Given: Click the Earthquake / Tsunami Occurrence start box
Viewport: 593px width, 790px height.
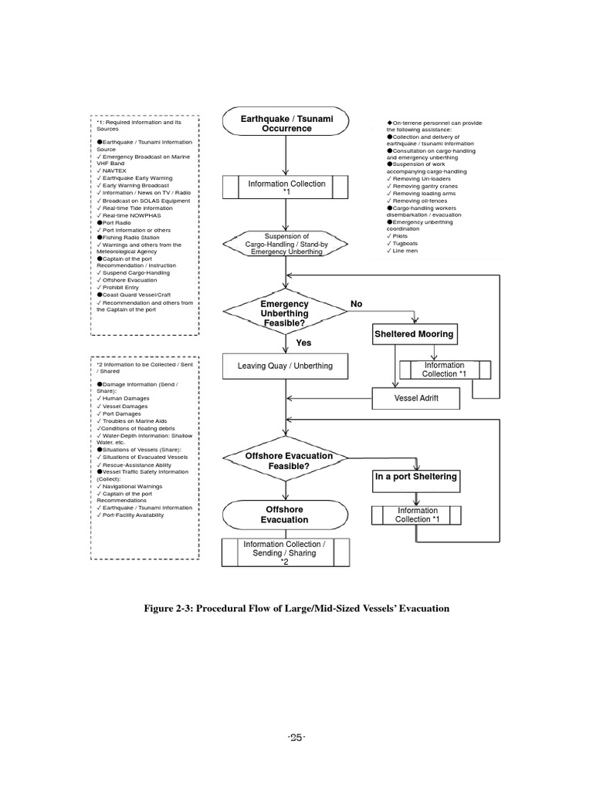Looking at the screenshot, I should [286, 123].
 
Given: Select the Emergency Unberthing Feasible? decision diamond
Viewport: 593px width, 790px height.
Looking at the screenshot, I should [285, 314].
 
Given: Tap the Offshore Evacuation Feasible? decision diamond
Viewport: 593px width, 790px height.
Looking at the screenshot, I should [285, 461].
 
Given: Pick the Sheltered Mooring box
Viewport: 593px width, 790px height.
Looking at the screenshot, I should [414, 335].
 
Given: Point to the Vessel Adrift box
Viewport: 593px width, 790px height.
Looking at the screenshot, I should [416, 398].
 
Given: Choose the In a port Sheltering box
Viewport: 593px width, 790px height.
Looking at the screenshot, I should [416, 477].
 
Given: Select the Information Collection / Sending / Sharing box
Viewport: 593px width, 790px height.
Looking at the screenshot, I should [284, 553].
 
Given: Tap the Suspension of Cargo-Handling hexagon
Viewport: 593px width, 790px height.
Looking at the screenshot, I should [286, 244].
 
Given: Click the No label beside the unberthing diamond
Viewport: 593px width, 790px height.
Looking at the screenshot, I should [356, 305].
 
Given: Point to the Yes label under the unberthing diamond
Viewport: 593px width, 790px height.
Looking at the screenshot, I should [303, 343].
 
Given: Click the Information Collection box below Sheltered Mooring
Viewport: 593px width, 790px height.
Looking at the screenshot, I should [444, 370].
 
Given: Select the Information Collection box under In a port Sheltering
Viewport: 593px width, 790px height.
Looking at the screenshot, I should [417, 515].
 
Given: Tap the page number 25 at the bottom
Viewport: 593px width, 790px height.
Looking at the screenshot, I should [296, 738].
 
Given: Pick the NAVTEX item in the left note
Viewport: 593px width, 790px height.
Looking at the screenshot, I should [114, 170].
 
